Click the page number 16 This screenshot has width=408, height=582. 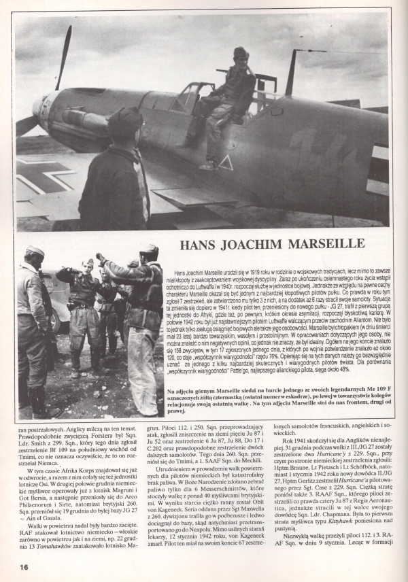point(23,566)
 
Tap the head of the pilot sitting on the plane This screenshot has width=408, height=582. point(241,55)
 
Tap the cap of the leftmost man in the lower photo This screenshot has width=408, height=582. point(34,252)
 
